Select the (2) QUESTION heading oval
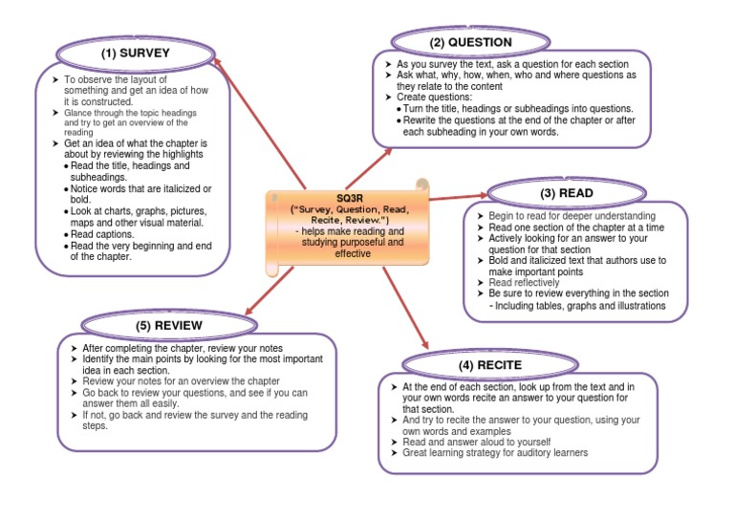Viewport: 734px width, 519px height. [x=470, y=42]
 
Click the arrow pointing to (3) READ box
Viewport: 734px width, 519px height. [x=459, y=196]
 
